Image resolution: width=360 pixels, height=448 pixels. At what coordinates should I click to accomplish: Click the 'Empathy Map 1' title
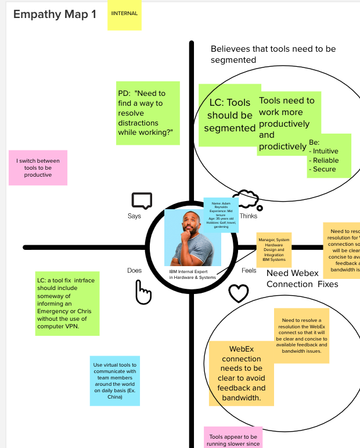tap(55, 15)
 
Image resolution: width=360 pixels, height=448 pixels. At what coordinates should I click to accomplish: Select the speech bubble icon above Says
tap(142, 201)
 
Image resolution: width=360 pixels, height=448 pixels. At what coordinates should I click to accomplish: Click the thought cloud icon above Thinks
tap(246, 198)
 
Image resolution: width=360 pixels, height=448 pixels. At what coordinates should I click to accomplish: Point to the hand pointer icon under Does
tap(143, 292)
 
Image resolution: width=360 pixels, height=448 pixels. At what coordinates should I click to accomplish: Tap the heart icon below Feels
tap(238, 293)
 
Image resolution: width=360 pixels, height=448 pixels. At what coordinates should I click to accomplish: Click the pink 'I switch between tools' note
tap(38, 167)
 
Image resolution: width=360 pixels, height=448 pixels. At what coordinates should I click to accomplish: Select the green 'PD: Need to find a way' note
tap(148, 113)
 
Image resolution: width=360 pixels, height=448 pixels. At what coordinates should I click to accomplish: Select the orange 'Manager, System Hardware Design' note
tap(274, 250)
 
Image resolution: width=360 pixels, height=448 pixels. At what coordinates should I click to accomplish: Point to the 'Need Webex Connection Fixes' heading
tap(302, 278)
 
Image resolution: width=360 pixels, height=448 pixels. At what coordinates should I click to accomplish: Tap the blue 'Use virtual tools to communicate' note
tap(114, 381)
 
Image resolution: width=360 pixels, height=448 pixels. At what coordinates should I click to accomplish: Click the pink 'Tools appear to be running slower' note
tap(233, 439)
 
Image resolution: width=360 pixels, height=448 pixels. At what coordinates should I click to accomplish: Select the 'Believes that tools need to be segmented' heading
tap(273, 55)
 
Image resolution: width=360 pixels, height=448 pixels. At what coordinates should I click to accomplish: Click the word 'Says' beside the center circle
tap(134, 216)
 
